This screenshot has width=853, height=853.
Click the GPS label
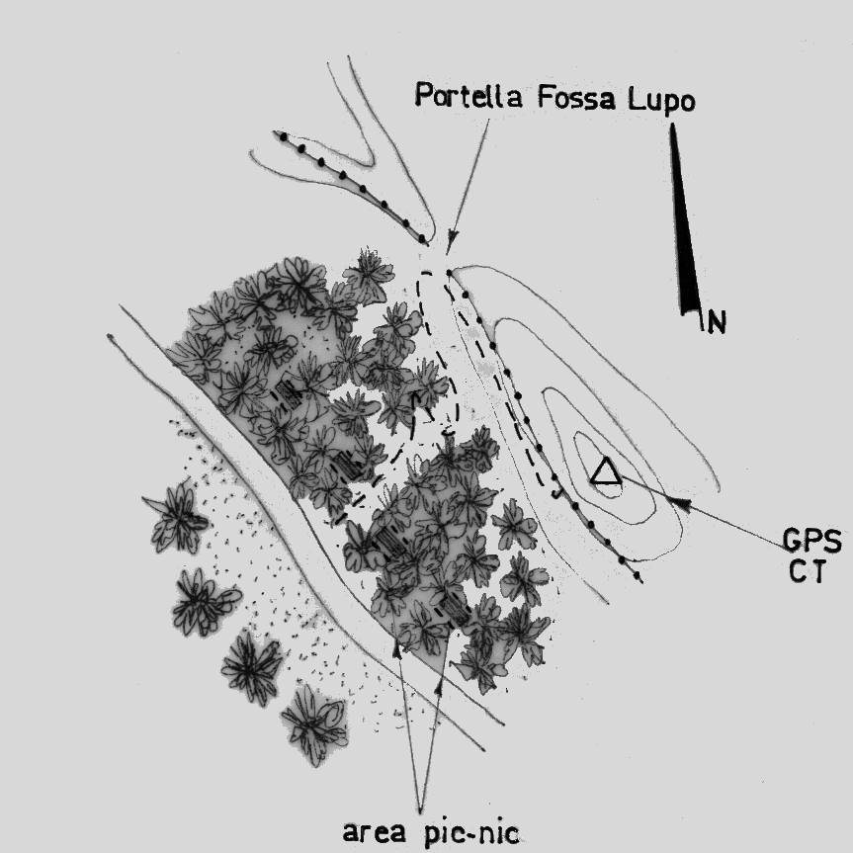pyautogui.click(x=811, y=542)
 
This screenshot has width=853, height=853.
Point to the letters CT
pyautogui.click(x=802, y=573)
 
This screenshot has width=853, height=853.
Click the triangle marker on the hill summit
pyautogui.click(x=605, y=473)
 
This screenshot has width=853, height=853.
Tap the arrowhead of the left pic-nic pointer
pyautogui.click(x=398, y=647)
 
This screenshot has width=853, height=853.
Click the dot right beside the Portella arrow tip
pyautogui.click(x=449, y=273)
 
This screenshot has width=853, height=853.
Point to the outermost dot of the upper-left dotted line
pyautogui.click(x=280, y=136)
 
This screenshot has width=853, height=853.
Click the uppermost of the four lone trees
pyautogui.click(x=179, y=516)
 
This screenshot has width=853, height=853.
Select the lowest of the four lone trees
pyautogui.click(x=313, y=725)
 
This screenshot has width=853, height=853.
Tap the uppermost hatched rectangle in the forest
pyautogui.click(x=290, y=392)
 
